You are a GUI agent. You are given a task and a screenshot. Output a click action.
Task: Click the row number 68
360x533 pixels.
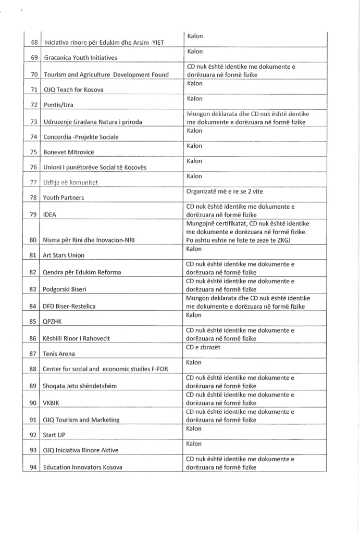(x=35, y=42)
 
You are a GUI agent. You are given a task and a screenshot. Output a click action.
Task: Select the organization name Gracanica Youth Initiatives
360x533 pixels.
(x=80, y=58)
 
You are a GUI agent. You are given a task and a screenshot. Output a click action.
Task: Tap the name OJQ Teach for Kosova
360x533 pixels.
(x=73, y=90)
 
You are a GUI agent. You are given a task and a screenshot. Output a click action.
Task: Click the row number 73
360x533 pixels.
(x=35, y=122)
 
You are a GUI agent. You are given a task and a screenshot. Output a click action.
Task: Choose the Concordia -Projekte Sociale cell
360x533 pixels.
(x=81, y=137)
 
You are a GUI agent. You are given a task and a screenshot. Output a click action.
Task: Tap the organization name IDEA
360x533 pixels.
(x=50, y=214)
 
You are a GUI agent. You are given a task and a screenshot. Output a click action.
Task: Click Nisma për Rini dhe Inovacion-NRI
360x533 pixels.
(x=94, y=240)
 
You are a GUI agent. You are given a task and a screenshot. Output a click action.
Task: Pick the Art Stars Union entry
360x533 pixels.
(x=64, y=255)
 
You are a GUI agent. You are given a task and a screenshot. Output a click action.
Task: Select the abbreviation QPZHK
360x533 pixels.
(x=53, y=321)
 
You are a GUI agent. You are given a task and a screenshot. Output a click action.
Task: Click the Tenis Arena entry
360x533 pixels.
(x=58, y=354)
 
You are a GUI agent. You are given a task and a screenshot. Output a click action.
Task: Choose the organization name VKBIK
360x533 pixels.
(x=52, y=403)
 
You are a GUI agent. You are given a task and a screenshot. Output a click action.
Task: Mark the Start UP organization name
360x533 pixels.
(x=54, y=435)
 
